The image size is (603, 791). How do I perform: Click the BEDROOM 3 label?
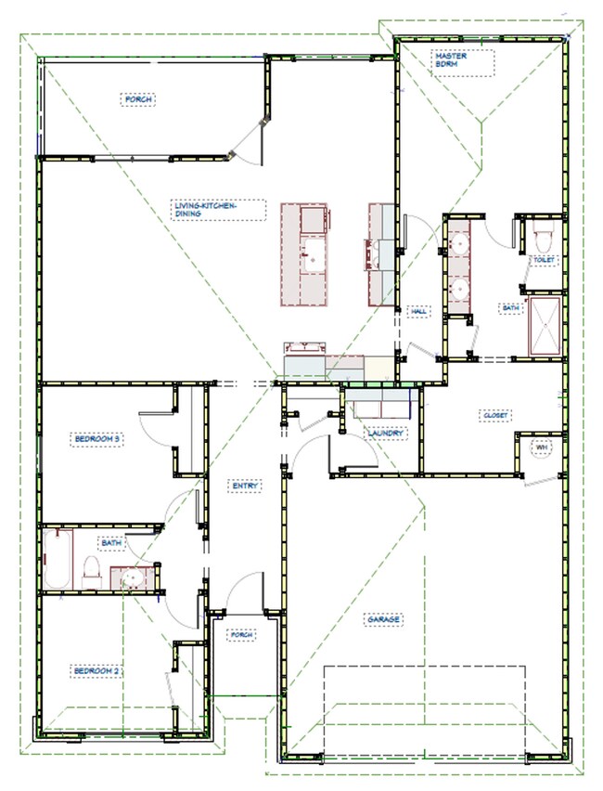[97, 438]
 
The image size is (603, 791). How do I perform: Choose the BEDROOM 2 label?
[97, 669]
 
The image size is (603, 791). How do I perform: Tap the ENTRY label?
[246, 485]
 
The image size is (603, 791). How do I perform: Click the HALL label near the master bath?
[418, 311]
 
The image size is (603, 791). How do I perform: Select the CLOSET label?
[494, 415]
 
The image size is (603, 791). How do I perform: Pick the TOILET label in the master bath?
[543, 261]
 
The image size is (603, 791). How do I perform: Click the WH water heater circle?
[540, 448]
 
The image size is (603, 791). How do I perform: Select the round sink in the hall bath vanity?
[131, 578]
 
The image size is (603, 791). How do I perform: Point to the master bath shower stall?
[545, 325]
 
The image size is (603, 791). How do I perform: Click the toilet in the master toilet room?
[544, 238]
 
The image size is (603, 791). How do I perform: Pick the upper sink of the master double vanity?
[459, 245]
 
